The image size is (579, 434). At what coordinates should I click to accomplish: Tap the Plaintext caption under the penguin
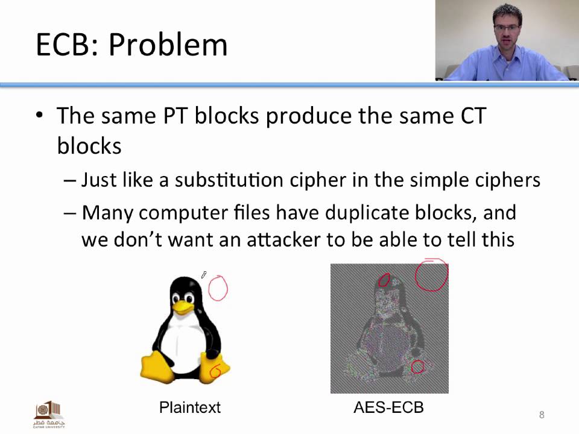(190, 407)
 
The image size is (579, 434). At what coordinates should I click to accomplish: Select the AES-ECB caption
(388, 407)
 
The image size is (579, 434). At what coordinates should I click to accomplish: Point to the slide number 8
(542, 415)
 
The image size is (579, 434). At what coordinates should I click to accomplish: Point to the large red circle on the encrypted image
(431, 274)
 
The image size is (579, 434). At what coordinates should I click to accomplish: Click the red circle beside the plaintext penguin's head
(218, 288)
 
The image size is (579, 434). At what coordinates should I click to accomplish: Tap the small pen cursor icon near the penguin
(204, 275)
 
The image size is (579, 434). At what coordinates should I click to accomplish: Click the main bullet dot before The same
(40, 115)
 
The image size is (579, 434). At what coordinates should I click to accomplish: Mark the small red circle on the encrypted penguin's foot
(417, 366)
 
